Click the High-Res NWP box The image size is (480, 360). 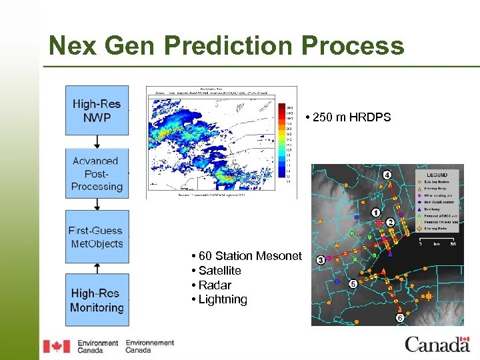point(97,110)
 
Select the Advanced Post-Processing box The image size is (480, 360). point(97,173)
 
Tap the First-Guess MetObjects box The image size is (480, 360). point(97,237)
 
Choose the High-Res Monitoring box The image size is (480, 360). point(97,300)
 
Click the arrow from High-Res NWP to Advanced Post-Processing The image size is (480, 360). point(97,142)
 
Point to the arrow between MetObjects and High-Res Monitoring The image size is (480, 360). point(97,268)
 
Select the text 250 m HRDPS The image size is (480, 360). point(351,118)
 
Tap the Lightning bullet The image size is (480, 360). point(222,300)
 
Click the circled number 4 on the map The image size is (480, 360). point(387,175)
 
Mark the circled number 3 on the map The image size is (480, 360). point(321,259)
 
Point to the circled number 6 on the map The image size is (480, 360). point(399,318)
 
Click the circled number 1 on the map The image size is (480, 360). point(376,213)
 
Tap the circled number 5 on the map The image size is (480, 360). point(352,283)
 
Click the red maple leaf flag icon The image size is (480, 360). point(56,346)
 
